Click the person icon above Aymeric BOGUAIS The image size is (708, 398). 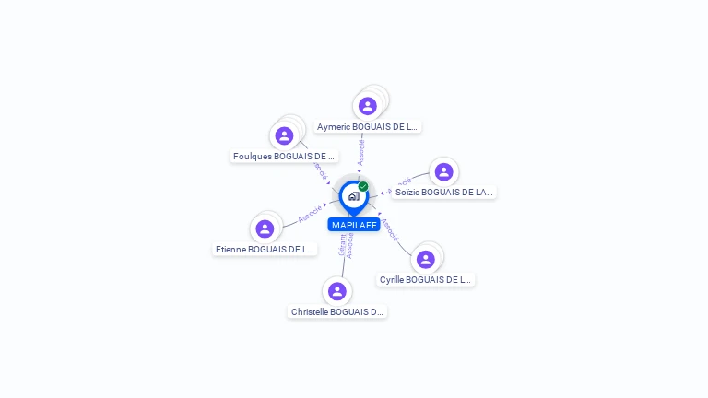coord(368,106)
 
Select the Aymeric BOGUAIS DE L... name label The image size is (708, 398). coord(368,126)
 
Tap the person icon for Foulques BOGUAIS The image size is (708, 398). coord(284,135)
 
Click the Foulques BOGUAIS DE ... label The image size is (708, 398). coord(284,157)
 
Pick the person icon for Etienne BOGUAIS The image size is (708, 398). coord(265,228)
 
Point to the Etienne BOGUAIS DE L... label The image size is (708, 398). coord(265,249)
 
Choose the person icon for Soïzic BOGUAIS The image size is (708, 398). coord(443,172)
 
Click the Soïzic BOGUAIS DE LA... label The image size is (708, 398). coord(444,193)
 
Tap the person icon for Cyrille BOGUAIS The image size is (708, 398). coord(425,259)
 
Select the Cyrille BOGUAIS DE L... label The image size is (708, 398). coord(425,279)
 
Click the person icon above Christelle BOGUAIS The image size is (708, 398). coord(337,291)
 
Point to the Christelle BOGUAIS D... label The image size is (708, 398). coord(337,312)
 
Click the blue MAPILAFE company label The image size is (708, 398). coord(354,225)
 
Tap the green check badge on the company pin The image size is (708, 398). coord(363,186)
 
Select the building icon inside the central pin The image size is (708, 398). coord(353,196)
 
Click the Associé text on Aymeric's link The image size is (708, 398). coord(361,152)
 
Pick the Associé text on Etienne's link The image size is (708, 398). coord(310,214)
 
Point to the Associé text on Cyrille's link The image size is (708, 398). coord(390,229)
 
